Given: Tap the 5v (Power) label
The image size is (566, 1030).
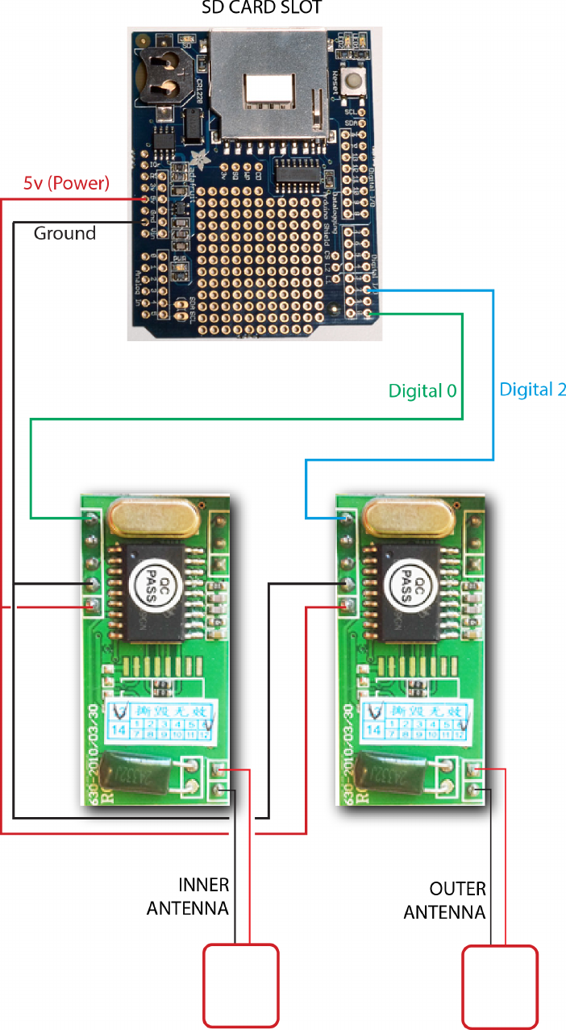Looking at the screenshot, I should [x=66, y=183].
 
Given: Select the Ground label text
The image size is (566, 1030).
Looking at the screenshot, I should [x=65, y=233].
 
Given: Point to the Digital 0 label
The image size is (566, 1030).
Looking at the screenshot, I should [x=422, y=391].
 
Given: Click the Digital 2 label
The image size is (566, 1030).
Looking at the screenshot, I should [x=533, y=390].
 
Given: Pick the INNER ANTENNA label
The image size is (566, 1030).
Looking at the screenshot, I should [x=188, y=896].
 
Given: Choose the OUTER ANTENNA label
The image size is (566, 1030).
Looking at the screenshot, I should [x=445, y=901].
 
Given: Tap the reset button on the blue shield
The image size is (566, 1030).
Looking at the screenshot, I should [x=352, y=80].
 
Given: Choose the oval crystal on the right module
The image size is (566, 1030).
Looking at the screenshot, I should [x=407, y=516].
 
